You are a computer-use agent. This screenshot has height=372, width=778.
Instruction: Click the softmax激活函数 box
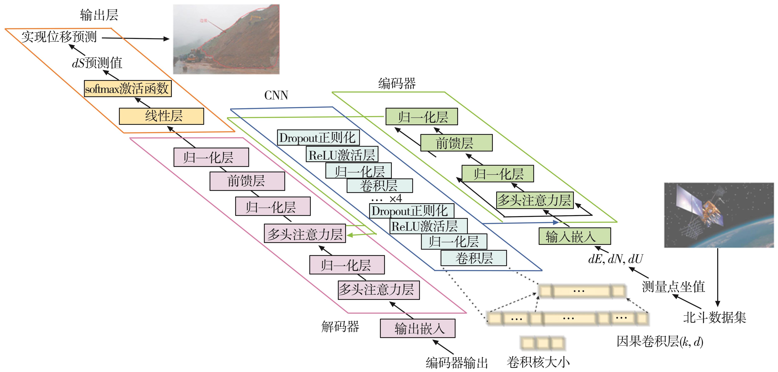(127, 89)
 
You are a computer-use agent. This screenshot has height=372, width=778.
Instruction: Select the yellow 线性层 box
(161, 116)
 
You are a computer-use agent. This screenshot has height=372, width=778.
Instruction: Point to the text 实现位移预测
(59, 37)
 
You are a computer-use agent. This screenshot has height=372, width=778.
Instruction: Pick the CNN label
(276, 95)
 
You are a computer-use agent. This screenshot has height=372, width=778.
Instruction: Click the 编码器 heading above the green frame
(397, 83)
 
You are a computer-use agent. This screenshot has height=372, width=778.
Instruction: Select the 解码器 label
(340, 327)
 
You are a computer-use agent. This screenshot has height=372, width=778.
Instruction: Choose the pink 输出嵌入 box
(417, 328)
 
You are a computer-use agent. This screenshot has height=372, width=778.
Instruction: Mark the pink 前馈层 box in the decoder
(247, 181)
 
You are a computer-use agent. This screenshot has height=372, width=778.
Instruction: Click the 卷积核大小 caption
(538, 362)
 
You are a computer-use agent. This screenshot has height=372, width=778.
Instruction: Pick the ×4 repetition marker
(396, 199)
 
